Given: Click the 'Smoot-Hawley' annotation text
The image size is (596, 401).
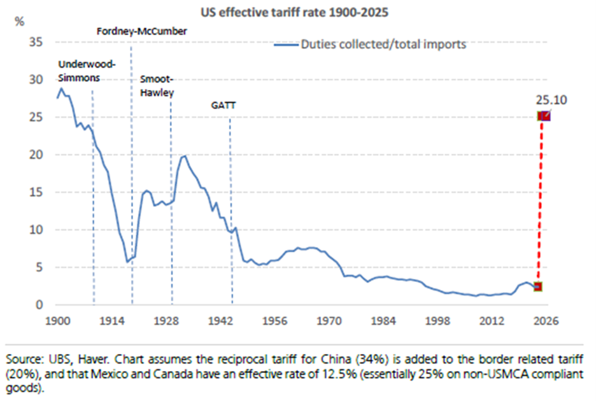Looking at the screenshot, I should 157,85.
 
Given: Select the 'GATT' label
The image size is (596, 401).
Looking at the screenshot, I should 223,106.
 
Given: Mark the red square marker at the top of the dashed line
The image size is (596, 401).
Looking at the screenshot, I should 544,116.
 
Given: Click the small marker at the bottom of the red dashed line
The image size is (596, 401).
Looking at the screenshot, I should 539,287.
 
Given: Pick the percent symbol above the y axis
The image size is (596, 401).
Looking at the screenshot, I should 19,21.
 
